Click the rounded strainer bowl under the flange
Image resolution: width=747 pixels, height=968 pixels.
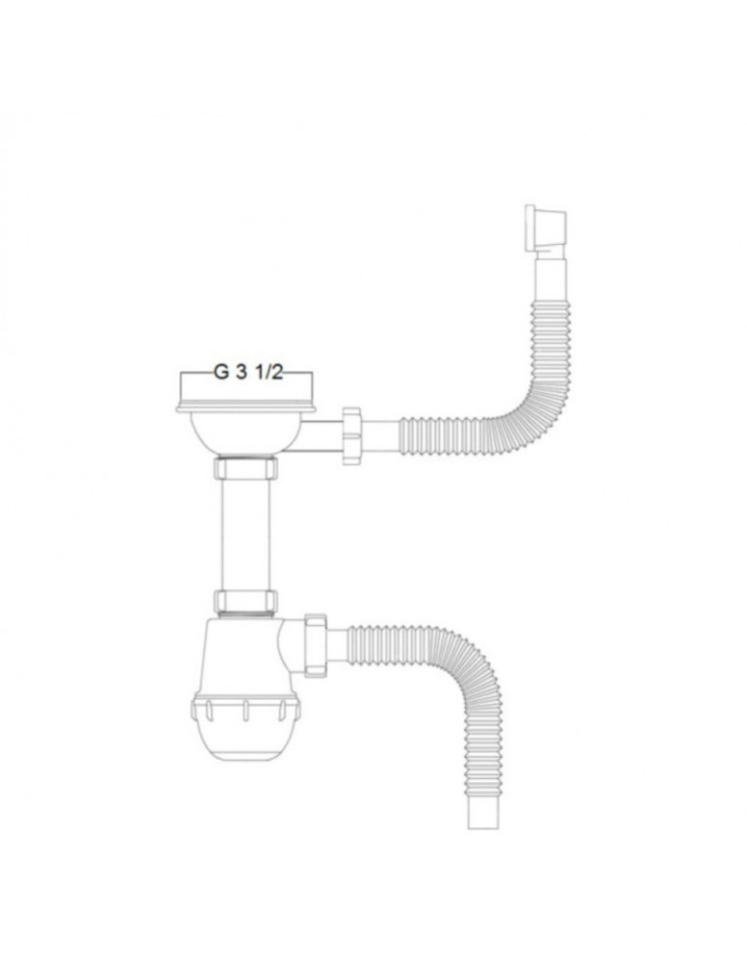245,434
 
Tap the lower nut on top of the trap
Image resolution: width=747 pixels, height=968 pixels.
245,600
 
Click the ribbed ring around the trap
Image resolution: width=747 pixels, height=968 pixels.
245,712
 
